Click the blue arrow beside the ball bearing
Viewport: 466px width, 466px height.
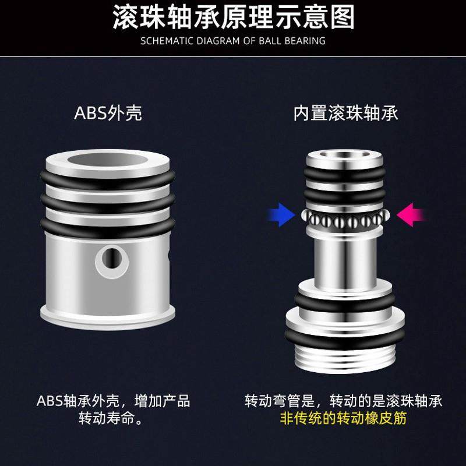click(x=282, y=215)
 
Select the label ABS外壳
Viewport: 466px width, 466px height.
click(x=108, y=112)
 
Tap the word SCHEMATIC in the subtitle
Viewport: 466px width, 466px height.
click(x=165, y=41)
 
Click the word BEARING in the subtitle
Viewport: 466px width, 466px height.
click(x=305, y=41)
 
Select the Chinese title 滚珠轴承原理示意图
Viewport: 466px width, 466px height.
click(x=233, y=17)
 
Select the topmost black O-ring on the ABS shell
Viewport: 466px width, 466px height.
click(x=108, y=178)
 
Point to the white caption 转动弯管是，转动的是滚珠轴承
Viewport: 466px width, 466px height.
click(x=344, y=401)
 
